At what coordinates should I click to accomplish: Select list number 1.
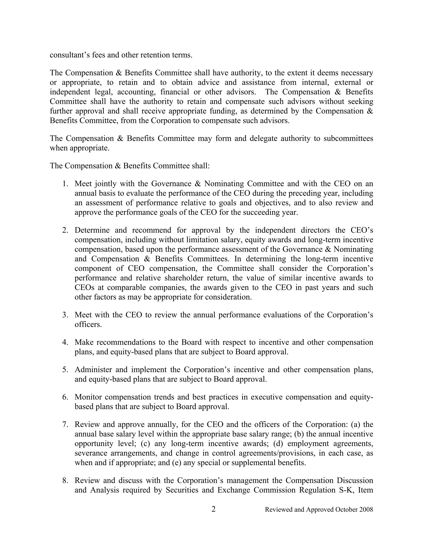pyautogui.click(x=65, y=184)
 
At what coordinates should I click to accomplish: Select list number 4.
pyautogui.click(x=65, y=342)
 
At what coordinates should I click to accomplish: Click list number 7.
pyautogui.click(x=65, y=425)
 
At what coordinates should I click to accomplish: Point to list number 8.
pyautogui.click(x=65, y=481)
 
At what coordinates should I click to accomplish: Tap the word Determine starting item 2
pyautogui.click(x=92, y=230)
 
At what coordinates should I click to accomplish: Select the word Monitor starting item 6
pyautogui.click(x=88, y=397)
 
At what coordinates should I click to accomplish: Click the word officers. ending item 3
pyautogui.click(x=88, y=324)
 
